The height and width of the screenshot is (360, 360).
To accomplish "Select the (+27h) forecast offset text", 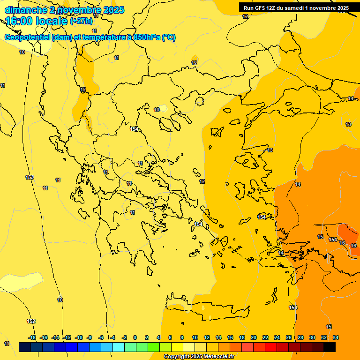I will (x=81, y=21).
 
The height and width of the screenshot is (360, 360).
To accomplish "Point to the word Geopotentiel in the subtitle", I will (x=28, y=37).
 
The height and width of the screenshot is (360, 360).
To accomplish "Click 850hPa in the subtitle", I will (x=146, y=37).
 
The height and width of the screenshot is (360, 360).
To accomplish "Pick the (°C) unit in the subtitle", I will (x=169, y=37).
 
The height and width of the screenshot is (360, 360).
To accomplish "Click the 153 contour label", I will (x=30, y=177).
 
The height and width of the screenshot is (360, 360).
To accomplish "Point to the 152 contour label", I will (x=31, y=321).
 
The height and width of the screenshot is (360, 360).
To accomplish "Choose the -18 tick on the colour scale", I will (x=32, y=337).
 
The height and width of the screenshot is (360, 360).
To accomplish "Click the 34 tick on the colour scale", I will (x=336, y=337).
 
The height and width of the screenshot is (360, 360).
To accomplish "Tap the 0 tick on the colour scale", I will (x=135, y=337).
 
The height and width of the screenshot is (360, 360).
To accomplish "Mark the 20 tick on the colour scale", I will (x=254, y=337).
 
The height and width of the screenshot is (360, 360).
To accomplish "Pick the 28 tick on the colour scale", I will (x=300, y=337).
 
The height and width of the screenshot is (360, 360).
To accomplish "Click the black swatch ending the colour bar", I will (x=330, y=347).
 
